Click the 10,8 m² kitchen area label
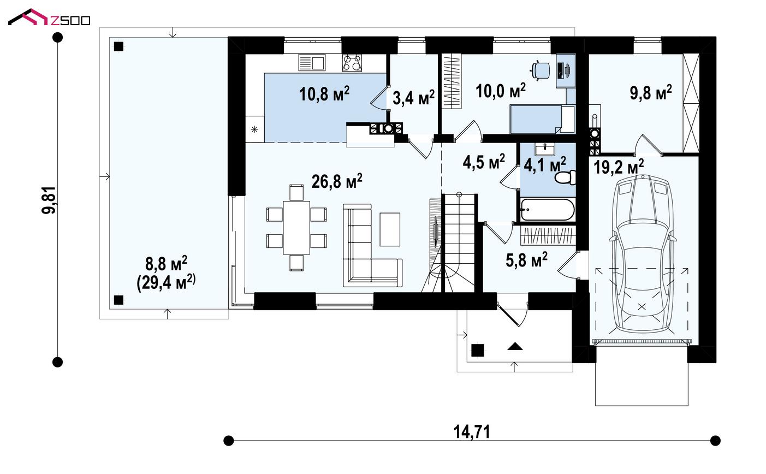pos(324,93)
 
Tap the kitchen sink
pos(312,63)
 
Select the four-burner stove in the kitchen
pos(352,63)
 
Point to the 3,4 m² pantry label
pos(413,97)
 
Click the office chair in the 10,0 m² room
pos(541,70)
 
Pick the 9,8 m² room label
pos(651,92)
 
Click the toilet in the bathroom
pos(565,177)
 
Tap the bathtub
pos(548,209)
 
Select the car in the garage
pos(642,254)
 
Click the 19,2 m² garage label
pos(618,167)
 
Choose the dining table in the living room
pos(296,227)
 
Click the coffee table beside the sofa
pos(390,229)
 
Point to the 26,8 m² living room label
pos(337,181)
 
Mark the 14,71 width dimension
pos(472,431)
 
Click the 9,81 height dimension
pos(49,200)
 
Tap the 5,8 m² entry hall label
pos(526,260)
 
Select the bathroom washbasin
pos(545,150)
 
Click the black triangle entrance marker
pos(515,346)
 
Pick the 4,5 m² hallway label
pos(484,162)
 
